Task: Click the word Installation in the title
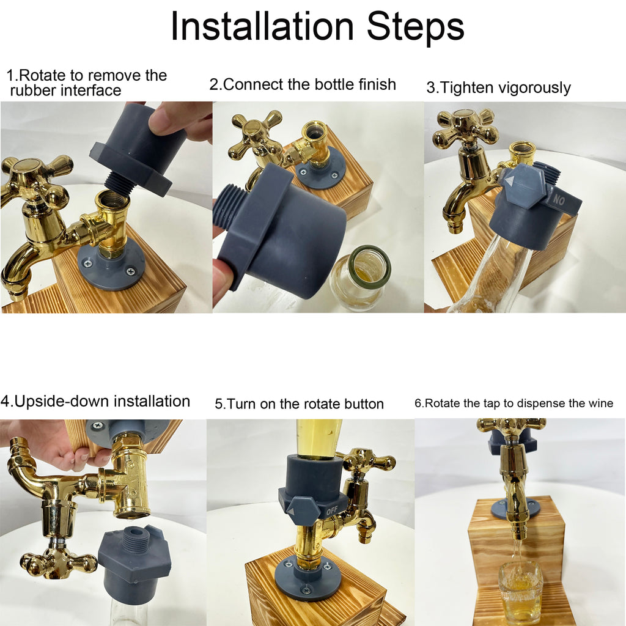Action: [x=262, y=26]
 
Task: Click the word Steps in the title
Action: [x=416, y=26]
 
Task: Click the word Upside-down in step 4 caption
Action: [x=55, y=402]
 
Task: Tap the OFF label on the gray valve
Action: [x=332, y=510]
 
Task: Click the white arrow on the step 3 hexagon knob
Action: [x=510, y=182]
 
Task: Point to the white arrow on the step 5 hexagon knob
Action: [x=291, y=512]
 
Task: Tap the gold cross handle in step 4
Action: [x=59, y=558]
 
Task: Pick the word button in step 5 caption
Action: [x=362, y=404]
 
